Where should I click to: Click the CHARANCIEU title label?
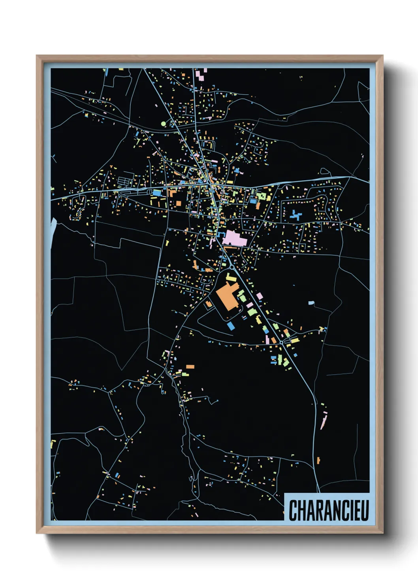point(328,510)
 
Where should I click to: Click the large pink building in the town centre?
point(234,239)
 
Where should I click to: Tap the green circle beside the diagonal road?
point(164,124)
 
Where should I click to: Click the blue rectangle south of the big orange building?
point(231,326)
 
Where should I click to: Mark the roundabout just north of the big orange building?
point(231,267)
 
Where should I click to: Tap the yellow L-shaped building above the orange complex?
point(231,277)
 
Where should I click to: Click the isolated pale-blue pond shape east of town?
point(312,303)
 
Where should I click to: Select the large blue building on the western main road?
point(157,193)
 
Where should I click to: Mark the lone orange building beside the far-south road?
point(318,460)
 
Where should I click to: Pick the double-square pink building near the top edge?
point(201,75)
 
